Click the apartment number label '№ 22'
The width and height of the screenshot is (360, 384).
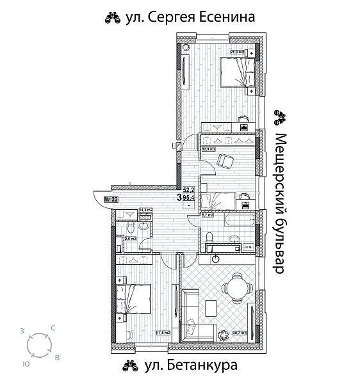pos(110,199)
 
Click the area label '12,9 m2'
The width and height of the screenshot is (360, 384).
pos(208,148)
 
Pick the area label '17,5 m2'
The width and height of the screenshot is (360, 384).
pos(163,333)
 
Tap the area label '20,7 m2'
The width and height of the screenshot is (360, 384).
pos(240,333)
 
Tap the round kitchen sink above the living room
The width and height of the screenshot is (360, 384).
pos(216,259)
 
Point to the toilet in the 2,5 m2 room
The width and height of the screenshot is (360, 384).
pos(128,230)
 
